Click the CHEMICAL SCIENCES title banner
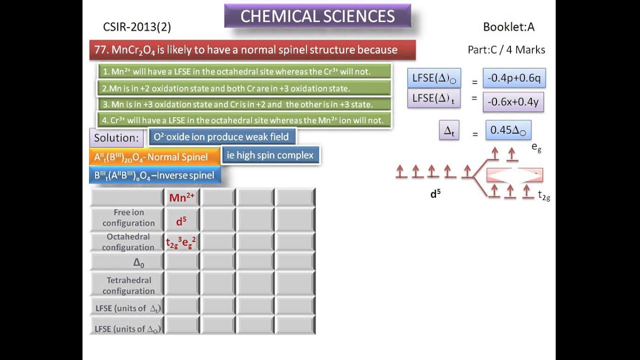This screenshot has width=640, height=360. point(317,16)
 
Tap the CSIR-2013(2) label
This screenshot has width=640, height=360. point(137,27)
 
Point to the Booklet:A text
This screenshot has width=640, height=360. point(508,27)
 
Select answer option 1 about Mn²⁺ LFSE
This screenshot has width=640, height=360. point(244,71)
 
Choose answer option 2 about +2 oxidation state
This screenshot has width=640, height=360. point(244,88)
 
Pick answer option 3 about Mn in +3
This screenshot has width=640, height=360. point(244,104)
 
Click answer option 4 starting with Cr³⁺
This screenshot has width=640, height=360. point(244,120)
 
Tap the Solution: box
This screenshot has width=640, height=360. point(116,137)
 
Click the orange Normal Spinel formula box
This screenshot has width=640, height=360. point(154,157)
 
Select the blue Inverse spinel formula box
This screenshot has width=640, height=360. point(154,175)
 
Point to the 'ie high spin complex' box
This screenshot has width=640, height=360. point(270,155)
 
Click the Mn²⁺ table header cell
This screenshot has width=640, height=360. point(181,197)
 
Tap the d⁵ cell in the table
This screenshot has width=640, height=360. point(181,220)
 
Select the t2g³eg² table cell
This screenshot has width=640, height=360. point(181,243)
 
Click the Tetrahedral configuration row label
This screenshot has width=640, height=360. point(128,285)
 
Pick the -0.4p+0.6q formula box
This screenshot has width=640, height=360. point(514,78)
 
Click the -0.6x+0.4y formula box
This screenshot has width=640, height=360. point(513,101)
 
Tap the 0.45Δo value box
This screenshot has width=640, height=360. point(508,130)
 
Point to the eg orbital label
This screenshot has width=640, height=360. point(536,147)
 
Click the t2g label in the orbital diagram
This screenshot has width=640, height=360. point(544,196)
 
